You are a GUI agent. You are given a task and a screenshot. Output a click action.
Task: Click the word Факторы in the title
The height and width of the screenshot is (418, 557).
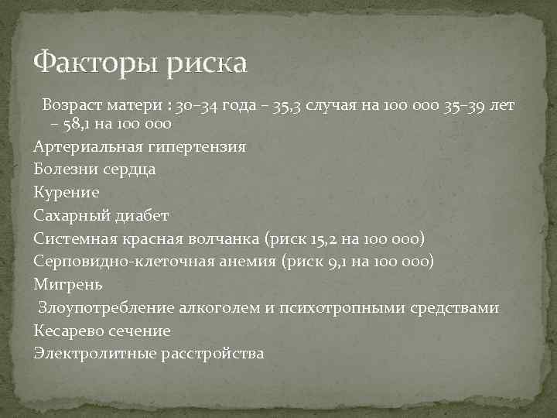point(93,62)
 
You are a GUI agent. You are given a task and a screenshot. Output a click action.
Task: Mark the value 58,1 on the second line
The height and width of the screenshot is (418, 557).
point(82,123)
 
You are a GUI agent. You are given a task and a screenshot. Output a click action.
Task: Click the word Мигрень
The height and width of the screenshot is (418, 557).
point(66,284)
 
